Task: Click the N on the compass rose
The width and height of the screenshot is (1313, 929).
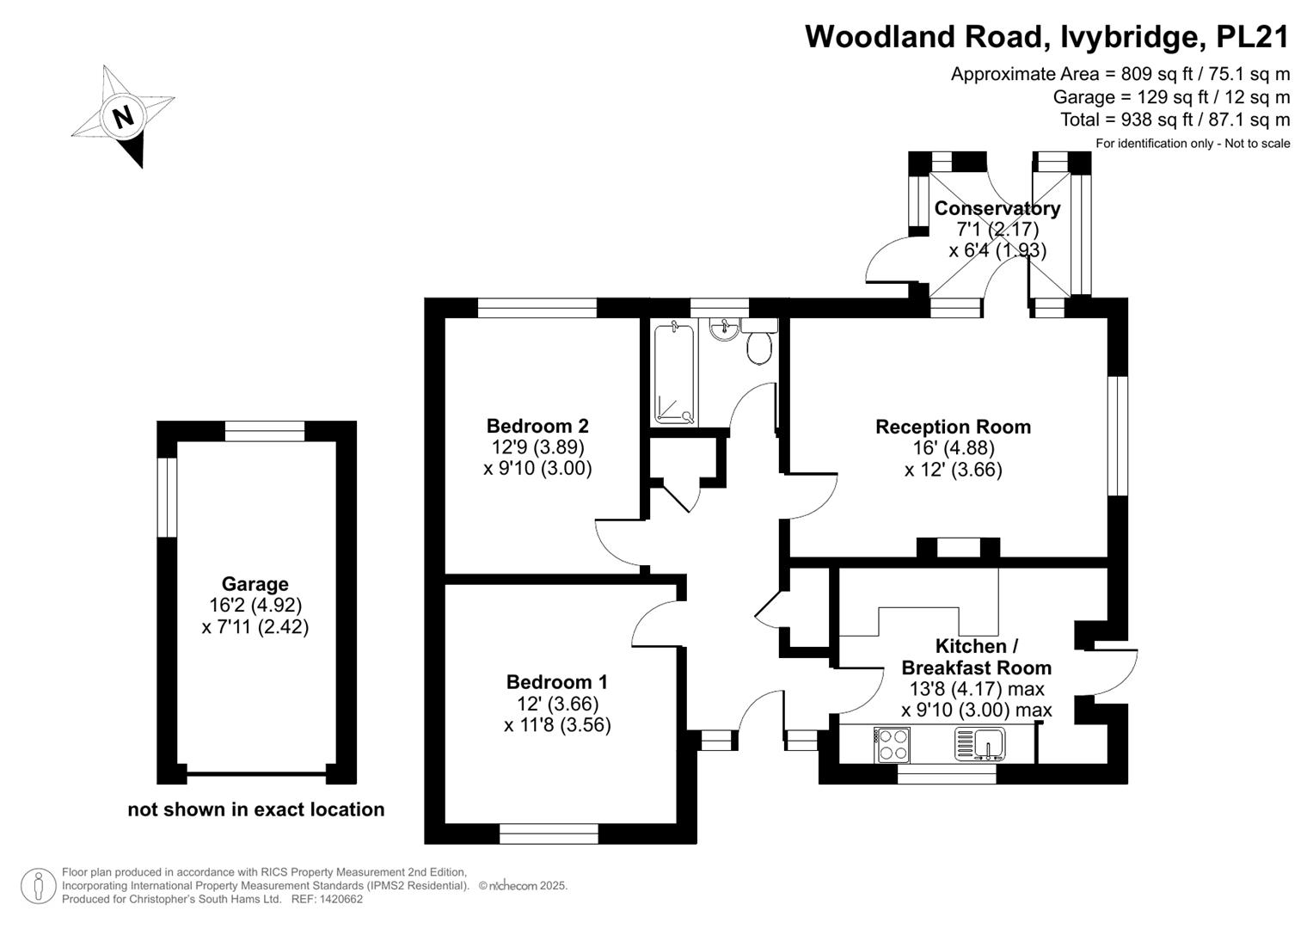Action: coord(123,117)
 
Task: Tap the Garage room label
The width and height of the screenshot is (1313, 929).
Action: coord(255,583)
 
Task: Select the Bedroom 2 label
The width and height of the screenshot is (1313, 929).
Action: coord(537,425)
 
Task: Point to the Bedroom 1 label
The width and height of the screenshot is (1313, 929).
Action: coord(557,681)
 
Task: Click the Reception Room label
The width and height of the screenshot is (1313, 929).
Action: coord(953,427)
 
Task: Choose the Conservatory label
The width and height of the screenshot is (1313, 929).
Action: coord(997,208)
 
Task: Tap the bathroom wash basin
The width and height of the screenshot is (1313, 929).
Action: coord(725,329)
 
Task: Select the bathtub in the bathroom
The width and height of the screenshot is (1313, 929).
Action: coord(674,373)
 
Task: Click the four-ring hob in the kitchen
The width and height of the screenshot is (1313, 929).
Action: coord(893,745)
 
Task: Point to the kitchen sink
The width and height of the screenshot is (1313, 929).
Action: coord(979,744)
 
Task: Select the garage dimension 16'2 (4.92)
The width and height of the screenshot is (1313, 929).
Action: coord(255,605)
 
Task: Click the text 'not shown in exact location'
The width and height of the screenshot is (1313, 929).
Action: coord(256,809)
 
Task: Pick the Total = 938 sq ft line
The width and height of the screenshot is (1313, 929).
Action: coord(1175,120)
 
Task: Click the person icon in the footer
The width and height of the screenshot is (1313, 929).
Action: coord(38,886)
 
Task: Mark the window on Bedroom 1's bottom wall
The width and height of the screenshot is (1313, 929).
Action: coord(549,834)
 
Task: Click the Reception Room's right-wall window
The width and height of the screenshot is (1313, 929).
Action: coord(1118,436)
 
